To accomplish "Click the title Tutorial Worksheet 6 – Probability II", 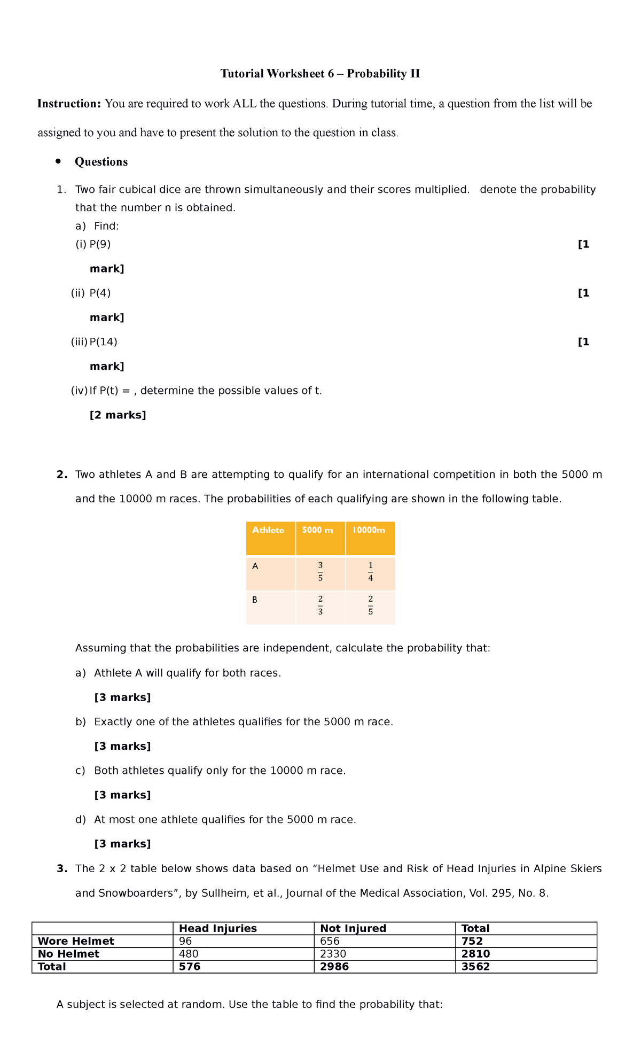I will tap(320, 74).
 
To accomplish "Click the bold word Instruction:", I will tap(69, 104).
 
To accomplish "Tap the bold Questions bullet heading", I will tap(101, 162).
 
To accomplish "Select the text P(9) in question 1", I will tap(100, 244).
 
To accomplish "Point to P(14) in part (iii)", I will tap(103, 342).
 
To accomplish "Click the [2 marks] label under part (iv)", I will tap(118, 415).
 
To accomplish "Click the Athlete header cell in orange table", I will tap(268, 530).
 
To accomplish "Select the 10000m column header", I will tap(369, 530).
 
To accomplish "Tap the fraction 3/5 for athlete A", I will tap(320, 572).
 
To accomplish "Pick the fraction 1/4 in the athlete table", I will tap(370, 572).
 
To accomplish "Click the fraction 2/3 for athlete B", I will tap(320, 605).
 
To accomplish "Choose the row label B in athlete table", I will tap(255, 600).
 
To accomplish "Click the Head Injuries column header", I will tap(218, 928).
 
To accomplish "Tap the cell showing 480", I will tap(189, 954).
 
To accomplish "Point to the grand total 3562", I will tap(475, 967).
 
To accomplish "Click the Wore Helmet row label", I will tap(76, 941).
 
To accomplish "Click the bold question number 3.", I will tap(61, 869).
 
